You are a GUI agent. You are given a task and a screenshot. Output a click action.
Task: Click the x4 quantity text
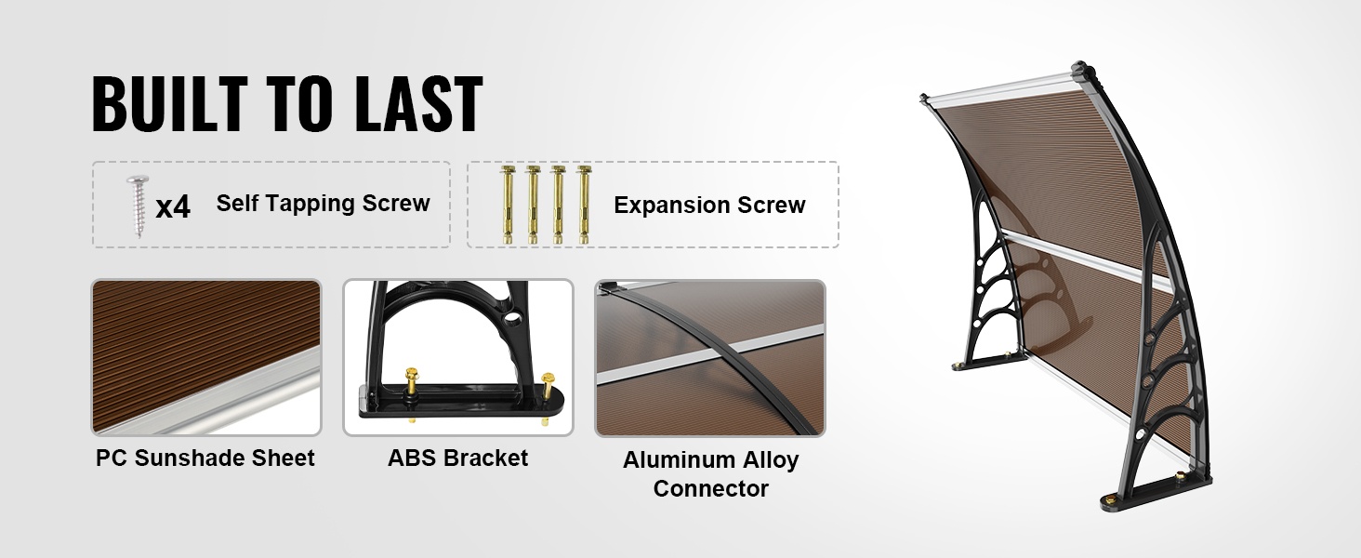click(173, 207)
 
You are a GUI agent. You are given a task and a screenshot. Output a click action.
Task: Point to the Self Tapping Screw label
click(324, 203)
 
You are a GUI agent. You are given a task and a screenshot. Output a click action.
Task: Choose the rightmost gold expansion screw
click(584, 205)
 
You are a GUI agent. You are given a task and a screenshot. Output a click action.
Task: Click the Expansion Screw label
click(709, 205)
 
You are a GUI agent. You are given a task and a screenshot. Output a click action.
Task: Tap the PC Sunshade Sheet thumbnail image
click(206, 357)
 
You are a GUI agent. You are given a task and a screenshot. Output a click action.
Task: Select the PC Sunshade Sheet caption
click(205, 458)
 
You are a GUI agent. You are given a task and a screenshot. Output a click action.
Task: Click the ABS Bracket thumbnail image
click(458, 357)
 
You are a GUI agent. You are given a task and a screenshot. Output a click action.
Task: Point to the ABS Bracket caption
click(458, 458)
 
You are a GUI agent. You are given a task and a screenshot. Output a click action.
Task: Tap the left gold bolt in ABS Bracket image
click(412, 392)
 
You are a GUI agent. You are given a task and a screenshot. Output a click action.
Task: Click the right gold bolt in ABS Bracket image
click(547, 395)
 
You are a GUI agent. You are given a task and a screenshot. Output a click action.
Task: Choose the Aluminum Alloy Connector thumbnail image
click(710, 358)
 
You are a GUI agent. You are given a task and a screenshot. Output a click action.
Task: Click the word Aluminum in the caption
click(674, 459)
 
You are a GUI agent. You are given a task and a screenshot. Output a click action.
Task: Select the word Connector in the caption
click(711, 488)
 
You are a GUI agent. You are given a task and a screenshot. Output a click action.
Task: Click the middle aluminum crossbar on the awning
click(1088, 259)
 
